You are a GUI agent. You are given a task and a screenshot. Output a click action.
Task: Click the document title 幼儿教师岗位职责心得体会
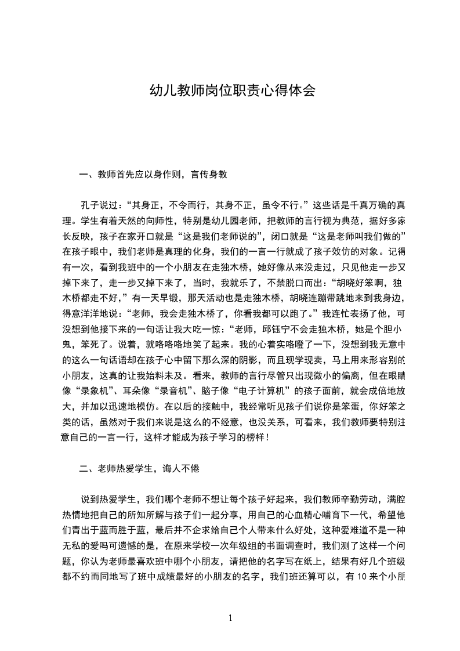(x=232, y=91)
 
